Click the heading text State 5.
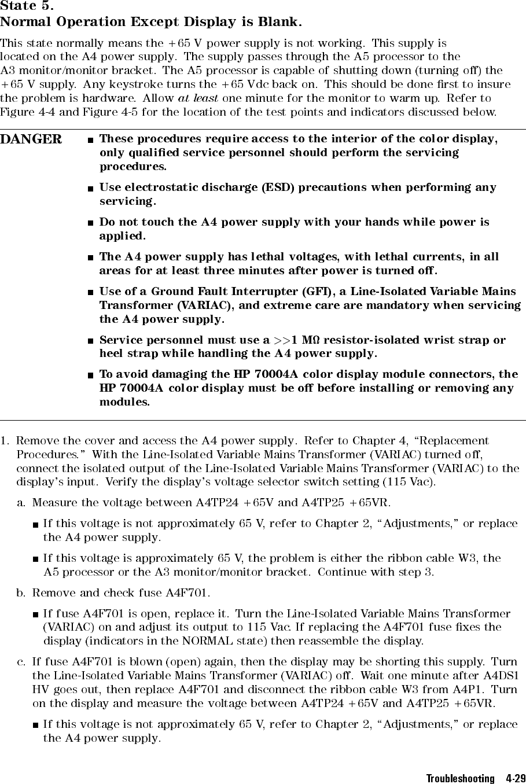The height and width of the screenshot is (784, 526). [27, 8]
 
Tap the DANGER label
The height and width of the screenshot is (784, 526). [31, 139]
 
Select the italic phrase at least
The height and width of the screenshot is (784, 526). [198, 98]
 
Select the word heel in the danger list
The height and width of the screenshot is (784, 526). [111, 353]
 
